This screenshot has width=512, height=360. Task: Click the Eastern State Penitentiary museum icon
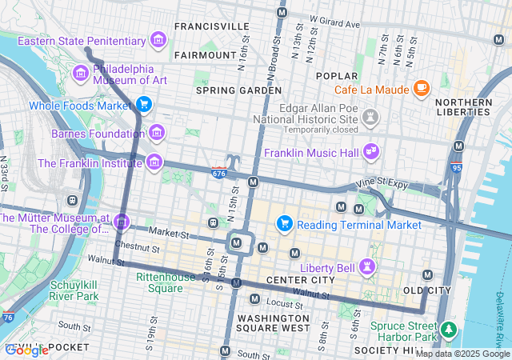click(158, 40)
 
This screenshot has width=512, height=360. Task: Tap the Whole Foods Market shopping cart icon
click(144, 105)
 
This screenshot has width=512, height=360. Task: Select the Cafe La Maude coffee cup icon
click(422, 88)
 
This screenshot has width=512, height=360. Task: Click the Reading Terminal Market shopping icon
click(283, 225)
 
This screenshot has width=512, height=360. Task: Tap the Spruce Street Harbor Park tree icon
click(449, 328)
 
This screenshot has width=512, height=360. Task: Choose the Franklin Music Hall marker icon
click(371, 150)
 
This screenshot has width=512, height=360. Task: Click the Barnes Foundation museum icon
click(156, 133)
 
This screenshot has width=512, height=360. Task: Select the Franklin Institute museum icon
click(154, 163)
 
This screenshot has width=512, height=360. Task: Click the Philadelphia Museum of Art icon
click(80, 74)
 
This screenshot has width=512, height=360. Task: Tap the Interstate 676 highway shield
click(218, 173)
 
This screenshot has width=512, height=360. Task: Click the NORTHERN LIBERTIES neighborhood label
click(463, 108)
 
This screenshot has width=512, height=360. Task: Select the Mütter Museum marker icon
click(122, 221)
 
